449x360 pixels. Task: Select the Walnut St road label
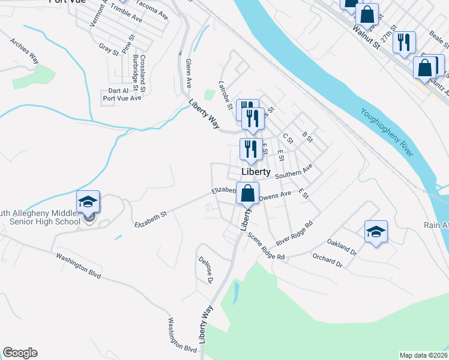(x=367, y=37)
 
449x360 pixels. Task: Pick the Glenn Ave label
(x=188, y=73)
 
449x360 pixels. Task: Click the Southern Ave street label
(x=294, y=172)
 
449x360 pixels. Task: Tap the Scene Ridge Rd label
(x=266, y=247)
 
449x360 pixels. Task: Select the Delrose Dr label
(x=206, y=270)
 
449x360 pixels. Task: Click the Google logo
(x=20, y=353)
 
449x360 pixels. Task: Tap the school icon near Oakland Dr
(x=376, y=232)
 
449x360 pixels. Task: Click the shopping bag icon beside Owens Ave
(x=247, y=194)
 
